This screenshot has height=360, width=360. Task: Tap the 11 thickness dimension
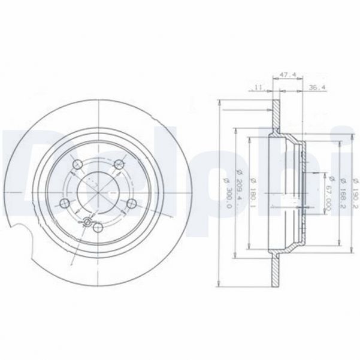(258, 87)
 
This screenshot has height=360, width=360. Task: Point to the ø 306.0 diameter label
(229, 193)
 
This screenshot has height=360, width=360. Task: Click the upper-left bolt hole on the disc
(77, 166)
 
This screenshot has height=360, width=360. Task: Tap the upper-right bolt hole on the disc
(119, 165)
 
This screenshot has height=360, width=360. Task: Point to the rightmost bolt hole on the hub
(131, 204)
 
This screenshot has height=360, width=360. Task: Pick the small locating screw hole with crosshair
(89, 223)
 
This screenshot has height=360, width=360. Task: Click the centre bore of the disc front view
(98, 190)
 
